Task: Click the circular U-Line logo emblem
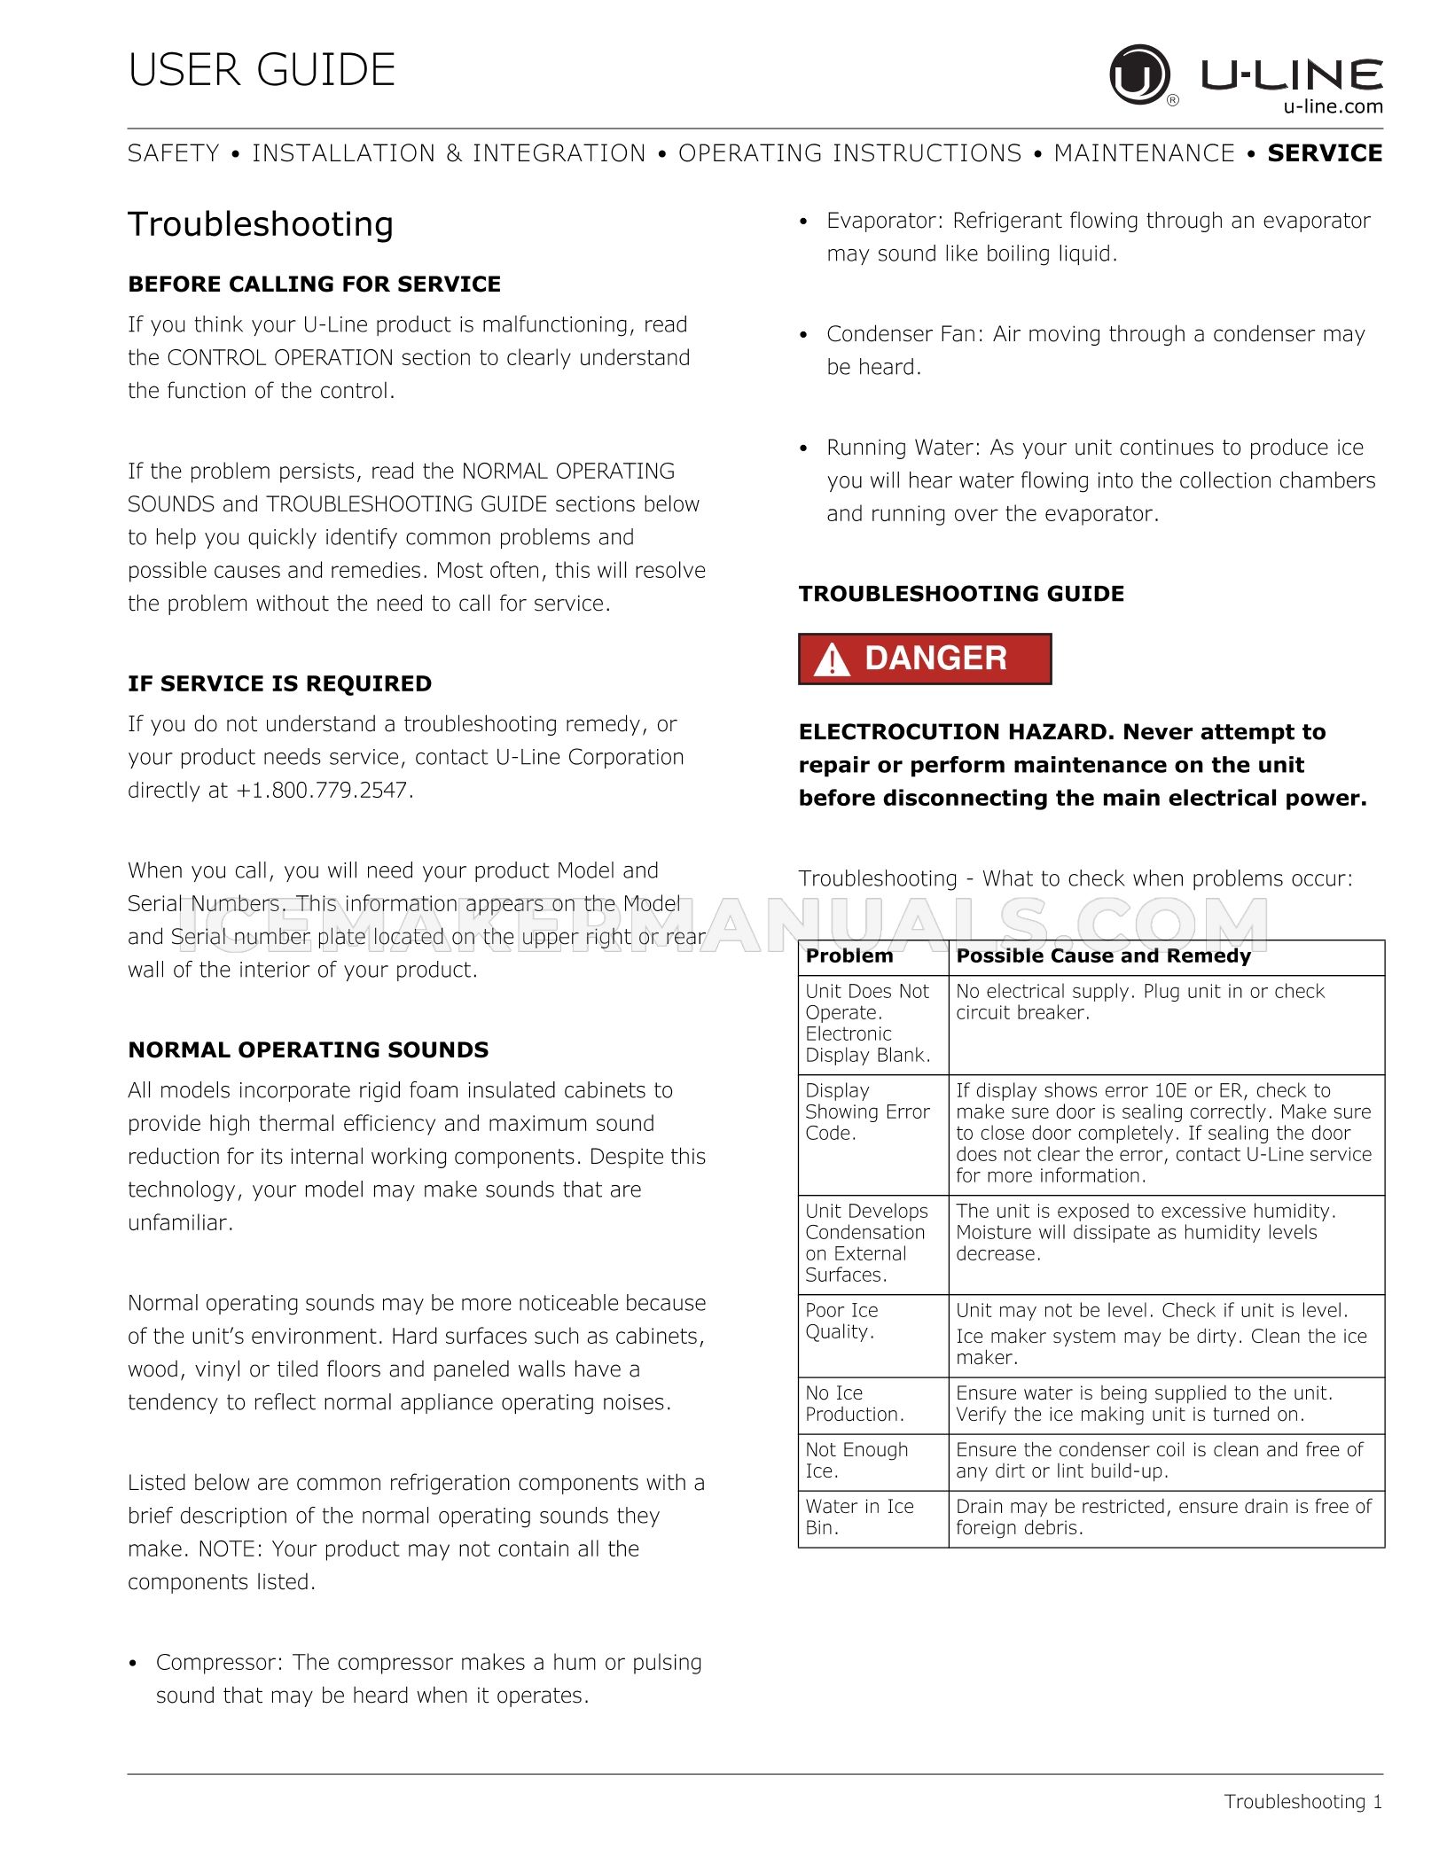1139,74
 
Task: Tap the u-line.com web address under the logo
1333,107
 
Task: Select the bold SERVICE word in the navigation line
1325,153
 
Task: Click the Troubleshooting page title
261,224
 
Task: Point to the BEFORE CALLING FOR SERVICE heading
314,285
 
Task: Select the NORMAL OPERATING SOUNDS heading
308,1050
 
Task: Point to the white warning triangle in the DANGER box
832,660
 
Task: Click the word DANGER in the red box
935,659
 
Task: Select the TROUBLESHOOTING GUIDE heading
961,594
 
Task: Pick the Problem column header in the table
849,956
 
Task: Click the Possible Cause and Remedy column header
1103,956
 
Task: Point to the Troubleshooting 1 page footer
1302,1802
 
